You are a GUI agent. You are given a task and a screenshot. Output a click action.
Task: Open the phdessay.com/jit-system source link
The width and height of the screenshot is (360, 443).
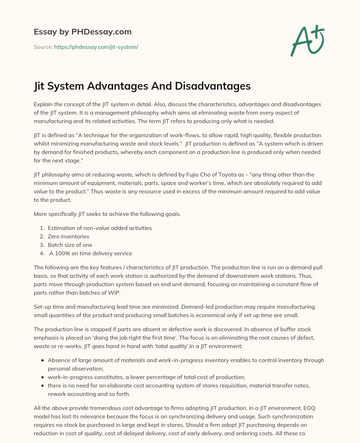pos(96,47)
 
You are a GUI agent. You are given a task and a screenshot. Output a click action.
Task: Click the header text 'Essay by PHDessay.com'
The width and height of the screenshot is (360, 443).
pos(83,32)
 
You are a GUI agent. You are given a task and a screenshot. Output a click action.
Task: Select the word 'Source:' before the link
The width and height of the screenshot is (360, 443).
pos(43,47)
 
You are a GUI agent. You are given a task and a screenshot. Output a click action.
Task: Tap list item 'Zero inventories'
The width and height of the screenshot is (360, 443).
pos(69,237)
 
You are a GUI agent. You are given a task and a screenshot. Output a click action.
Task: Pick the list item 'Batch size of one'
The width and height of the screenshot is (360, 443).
pos(70,245)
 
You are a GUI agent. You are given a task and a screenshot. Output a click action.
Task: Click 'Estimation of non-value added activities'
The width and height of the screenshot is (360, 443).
pos(100,228)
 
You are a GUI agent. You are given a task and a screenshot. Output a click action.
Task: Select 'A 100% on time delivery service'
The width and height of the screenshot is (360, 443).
pos(91,253)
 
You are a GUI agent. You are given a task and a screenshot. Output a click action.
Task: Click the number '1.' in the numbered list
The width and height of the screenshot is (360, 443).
pos(42,228)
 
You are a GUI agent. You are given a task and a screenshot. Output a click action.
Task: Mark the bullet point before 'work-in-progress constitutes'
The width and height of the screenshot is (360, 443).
pos(43,377)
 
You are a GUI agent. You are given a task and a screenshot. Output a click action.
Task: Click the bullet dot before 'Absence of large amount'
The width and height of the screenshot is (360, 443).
pos(43,360)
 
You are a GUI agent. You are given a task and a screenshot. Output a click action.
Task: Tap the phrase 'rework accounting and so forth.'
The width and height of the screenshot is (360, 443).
pos(89,394)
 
